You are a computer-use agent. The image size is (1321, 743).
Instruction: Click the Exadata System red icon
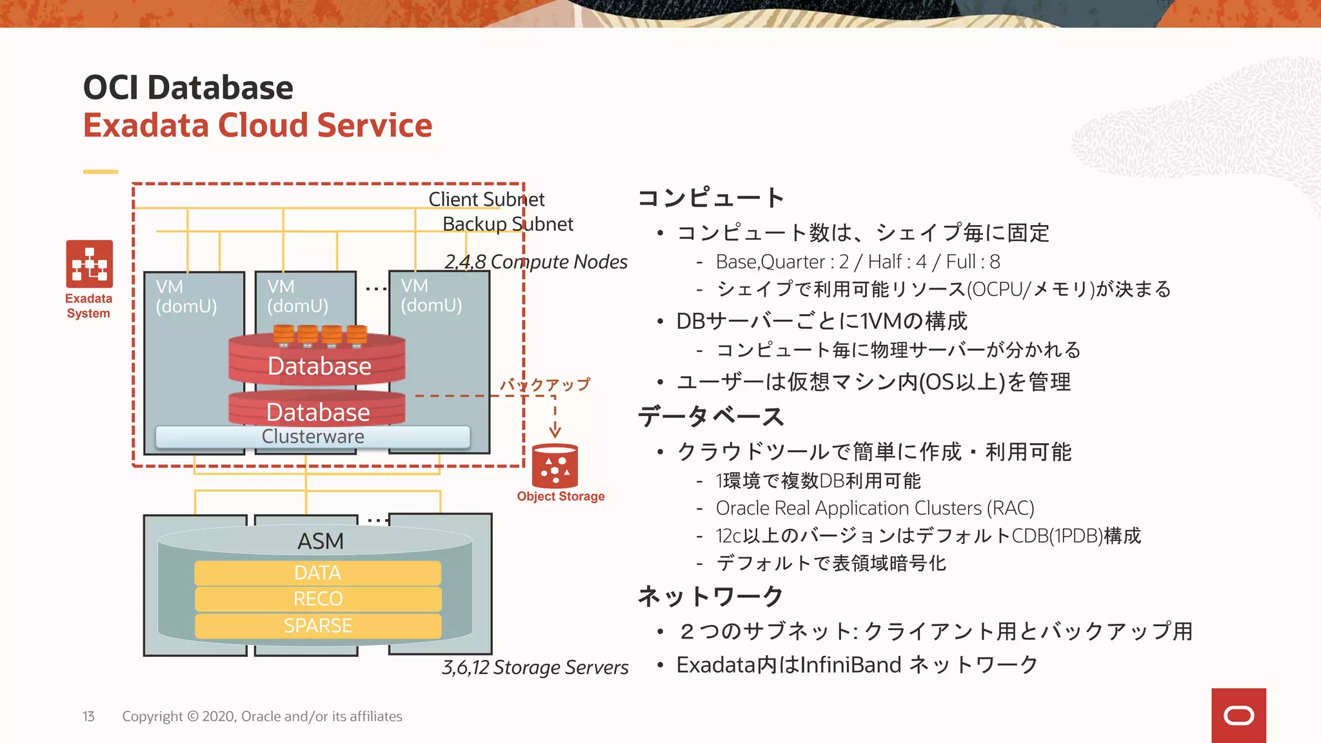pos(89,264)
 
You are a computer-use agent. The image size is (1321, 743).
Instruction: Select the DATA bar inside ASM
pos(317,573)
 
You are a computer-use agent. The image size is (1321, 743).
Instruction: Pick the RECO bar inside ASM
pos(317,599)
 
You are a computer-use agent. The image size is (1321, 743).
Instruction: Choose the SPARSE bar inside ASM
pos(317,626)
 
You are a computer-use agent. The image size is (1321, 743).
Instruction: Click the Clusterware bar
pos(313,437)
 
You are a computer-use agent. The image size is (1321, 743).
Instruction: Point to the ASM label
pos(321,541)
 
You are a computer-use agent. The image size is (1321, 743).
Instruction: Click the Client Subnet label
pos(486,199)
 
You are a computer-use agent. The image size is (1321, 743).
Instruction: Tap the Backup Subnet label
pos(508,224)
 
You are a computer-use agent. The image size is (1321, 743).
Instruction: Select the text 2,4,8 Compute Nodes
pos(535,262)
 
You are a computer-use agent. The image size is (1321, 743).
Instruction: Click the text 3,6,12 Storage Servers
pos(535,668)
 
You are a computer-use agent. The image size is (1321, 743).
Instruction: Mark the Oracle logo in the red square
pos(1238,715)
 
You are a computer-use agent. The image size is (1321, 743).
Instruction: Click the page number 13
pos(88,717)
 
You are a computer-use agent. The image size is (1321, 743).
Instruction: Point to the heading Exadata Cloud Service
pos(257,125)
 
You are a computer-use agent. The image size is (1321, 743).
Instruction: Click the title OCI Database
pos(188,87)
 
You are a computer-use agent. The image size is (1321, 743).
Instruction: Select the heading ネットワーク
pos(710,596)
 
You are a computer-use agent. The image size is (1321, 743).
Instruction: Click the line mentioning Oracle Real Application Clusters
pos(875,508)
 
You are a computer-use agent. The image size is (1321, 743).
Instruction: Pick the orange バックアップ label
pos(545,385)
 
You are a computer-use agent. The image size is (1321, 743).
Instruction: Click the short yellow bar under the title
pos(101,172)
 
